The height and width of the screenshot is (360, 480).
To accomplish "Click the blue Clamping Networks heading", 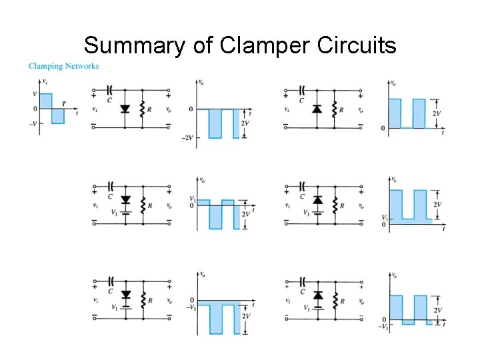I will [63, 66].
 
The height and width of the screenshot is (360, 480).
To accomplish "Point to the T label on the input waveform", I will [64, 103].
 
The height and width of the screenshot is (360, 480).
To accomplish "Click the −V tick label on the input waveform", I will [33, 123].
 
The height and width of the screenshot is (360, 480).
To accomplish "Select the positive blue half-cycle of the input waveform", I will [45, 101].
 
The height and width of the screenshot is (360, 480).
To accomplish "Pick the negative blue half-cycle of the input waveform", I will [57, 115].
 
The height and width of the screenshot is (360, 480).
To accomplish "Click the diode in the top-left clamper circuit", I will [124, 109].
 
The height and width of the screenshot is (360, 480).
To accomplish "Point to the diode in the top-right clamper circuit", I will [317, 109].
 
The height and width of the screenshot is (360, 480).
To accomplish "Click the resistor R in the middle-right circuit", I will [335, 206].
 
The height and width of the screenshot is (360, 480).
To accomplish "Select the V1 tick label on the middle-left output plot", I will [192, 199].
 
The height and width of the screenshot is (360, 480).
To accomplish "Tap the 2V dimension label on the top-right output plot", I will [438, 113].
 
